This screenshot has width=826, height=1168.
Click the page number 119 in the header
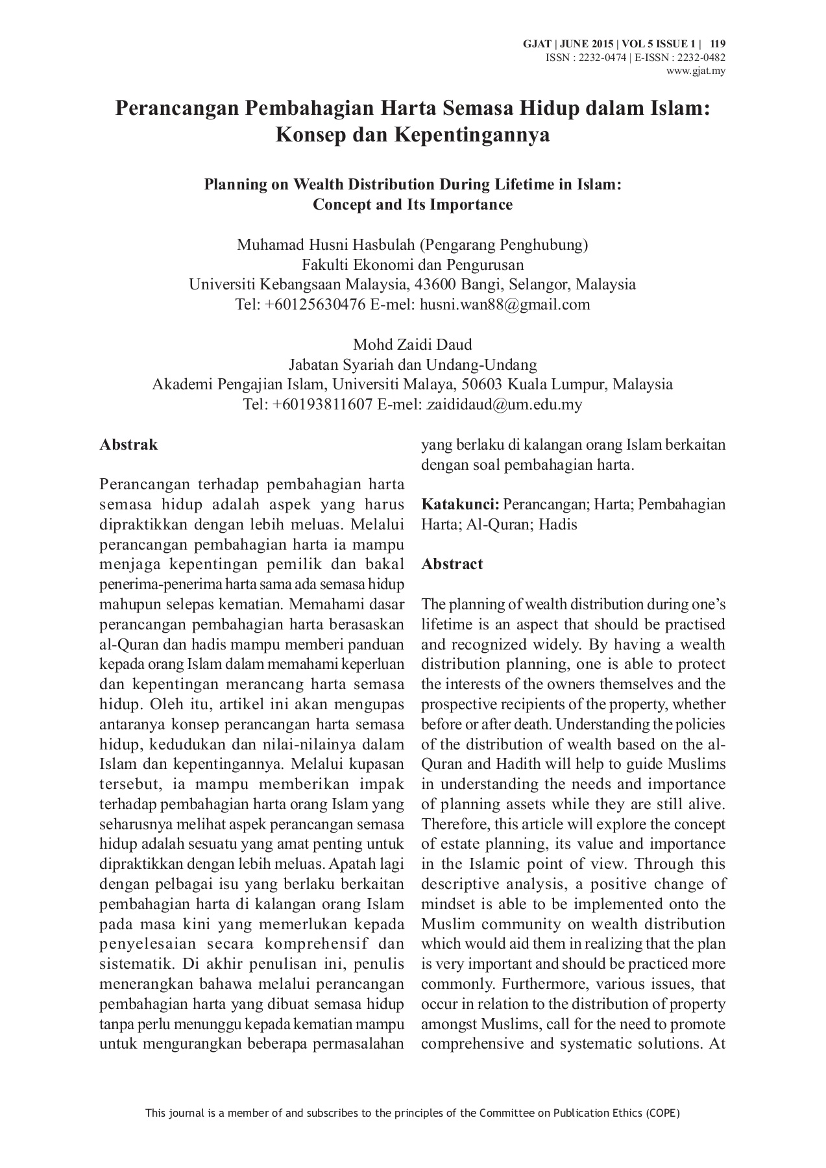[x=718, y=44]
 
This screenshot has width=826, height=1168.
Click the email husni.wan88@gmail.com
[x=505, y=304]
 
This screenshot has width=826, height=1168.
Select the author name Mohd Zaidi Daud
[x=412, y=344]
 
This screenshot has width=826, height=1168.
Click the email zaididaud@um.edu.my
[x=504, y=404]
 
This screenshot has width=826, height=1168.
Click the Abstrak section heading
[x=128, y=444]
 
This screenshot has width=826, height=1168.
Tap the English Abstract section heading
[x=452, y=564]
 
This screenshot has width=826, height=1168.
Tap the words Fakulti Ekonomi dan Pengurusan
[x=413, y=265]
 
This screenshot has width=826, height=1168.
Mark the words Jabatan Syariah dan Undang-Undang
[x=413, y=364]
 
